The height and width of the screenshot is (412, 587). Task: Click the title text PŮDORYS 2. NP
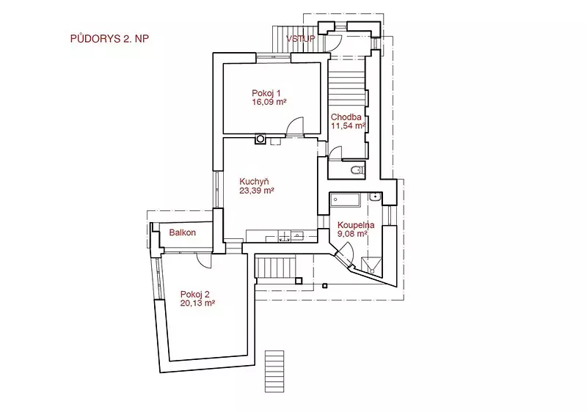(x=109, y=39)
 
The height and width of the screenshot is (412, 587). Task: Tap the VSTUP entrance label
(x=301, y=39)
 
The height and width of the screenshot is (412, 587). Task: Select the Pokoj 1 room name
(x=266, y=93)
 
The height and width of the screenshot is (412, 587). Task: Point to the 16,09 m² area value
(x=269, y=102)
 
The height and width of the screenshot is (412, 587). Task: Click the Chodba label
(x=346, y=117)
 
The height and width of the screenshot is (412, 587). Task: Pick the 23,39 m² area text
(x=257, y=191)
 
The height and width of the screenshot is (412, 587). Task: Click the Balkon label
(x=182, y=232)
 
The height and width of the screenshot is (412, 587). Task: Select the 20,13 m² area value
(x=197, y=304)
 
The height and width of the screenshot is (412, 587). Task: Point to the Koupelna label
(x=356, y=225)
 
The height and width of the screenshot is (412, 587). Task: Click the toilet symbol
(x=357, y=170)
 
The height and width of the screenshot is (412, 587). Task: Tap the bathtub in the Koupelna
(x=345, y=199)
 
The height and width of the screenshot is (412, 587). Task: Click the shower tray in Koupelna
(x=371, y=265)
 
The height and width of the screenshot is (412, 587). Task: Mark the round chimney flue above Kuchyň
(x=260, y=139)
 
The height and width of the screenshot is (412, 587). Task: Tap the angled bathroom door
(x=345, y=254)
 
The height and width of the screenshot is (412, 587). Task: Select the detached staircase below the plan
(x=274, y=371)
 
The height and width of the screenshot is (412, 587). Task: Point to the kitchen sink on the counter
(x=298, y=235)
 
